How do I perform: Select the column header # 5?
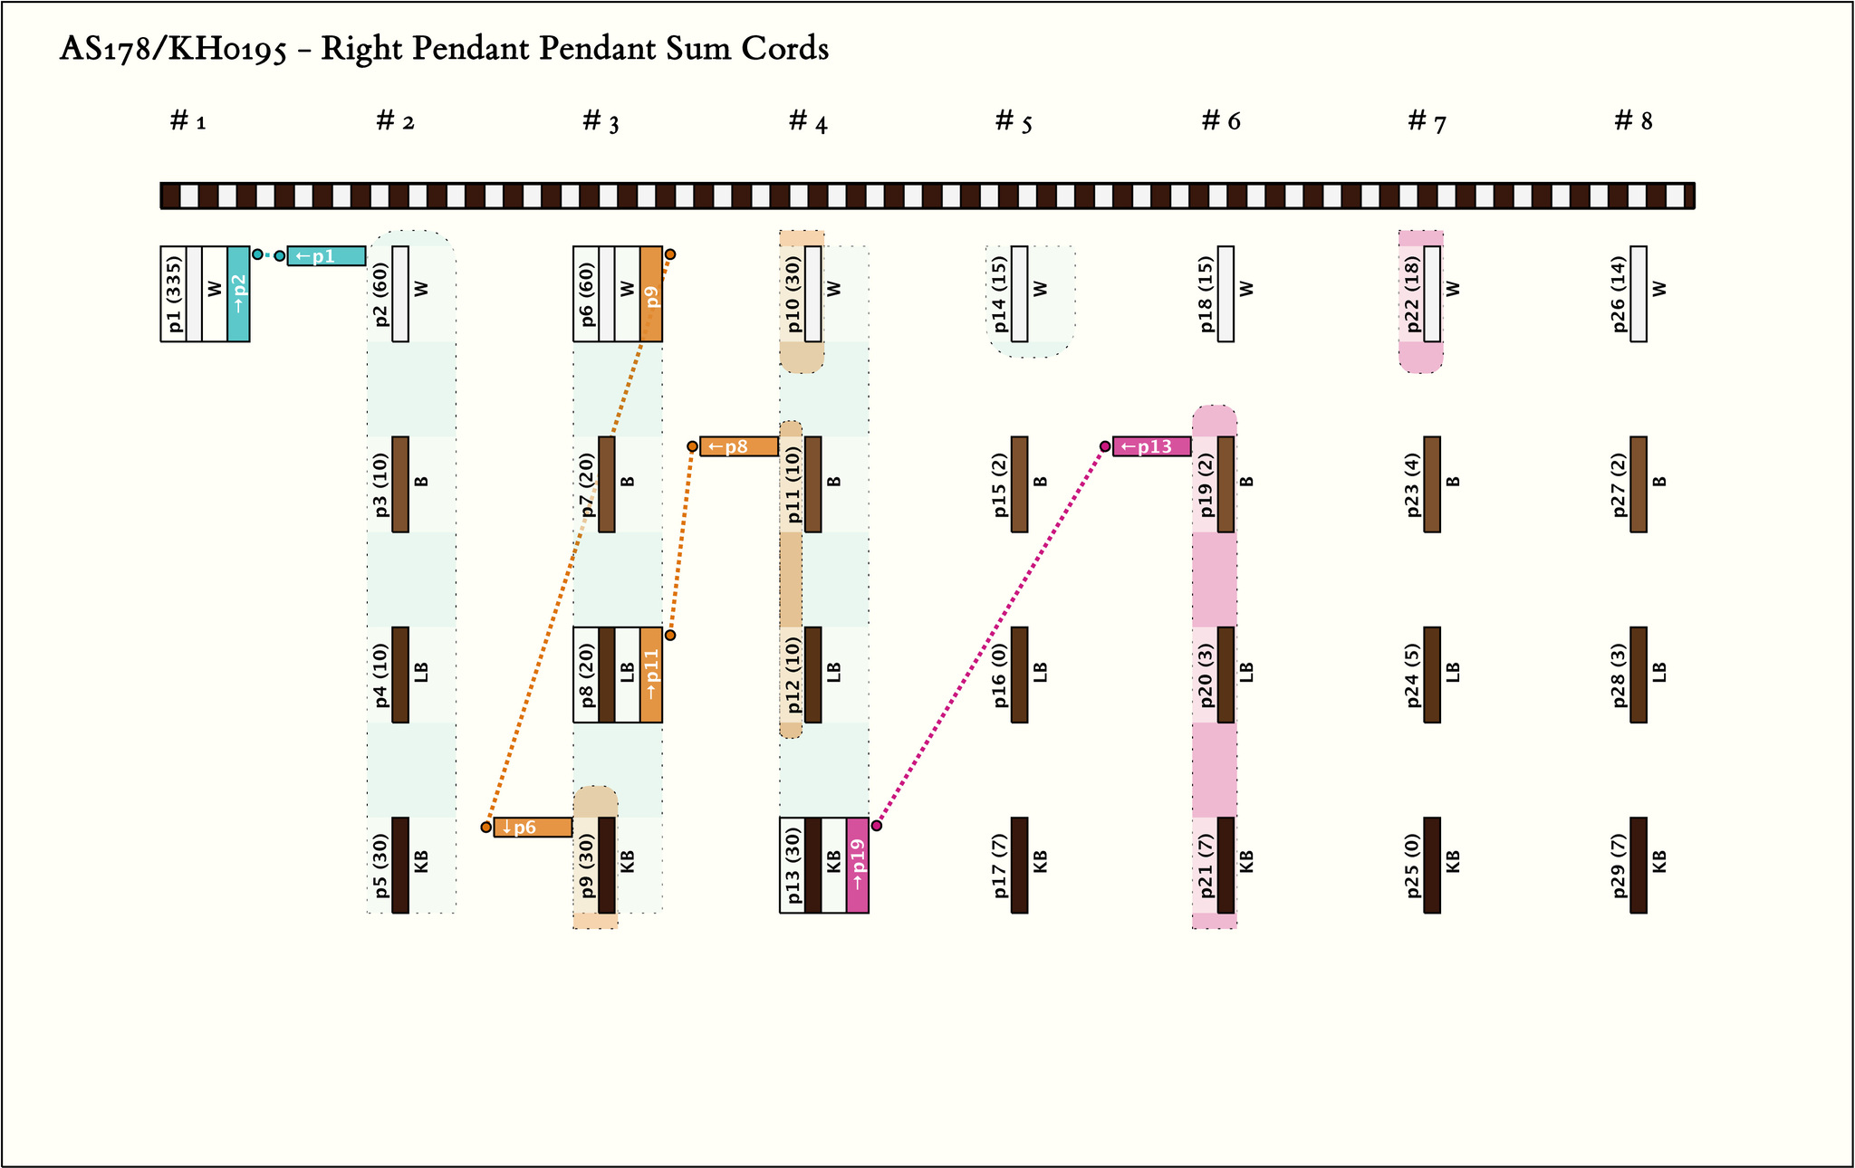tap(1014, 121)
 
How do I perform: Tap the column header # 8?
tap(1633, 120)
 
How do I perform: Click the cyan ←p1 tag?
tap(326, 256)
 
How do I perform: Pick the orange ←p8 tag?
tap(739, 446)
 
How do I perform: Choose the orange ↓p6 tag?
tap(533, 828)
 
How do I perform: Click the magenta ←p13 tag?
tap(1151, 446)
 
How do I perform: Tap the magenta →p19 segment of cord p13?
tap(858, 866)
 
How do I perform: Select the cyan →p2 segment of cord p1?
tap(238, 293)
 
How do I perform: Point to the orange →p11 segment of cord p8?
tap(651, 675)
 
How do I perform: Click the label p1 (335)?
tap(175, 293)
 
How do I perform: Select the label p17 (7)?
tap(1000, 866)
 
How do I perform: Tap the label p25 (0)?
tap(1413, 866)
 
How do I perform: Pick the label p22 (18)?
tap(1413, 293)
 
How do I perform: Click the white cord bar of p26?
tap(1639, 293)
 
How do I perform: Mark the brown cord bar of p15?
tap(1019, 484)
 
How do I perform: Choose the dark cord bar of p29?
tap(1639, 866)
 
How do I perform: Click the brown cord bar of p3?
tap(400, 484)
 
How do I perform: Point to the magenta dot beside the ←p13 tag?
tap(1105, 446)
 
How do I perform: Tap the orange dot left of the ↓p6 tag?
tap(486, 828)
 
